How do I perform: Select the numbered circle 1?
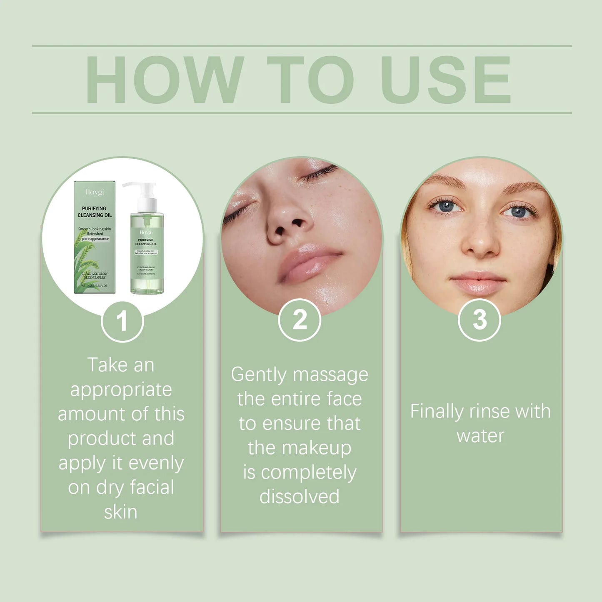coord(122,321)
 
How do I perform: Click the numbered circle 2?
coord(300,320)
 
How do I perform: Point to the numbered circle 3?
coord(479,320)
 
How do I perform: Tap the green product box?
coord(95,237)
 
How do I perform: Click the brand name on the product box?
coord(95,192)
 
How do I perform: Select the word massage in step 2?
coord(330,375)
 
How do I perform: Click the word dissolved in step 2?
coord(300,497)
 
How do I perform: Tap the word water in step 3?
coord(480,436)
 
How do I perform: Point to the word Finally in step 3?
coord(437,412)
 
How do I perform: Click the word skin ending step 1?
coord(121,512)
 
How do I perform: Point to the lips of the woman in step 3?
coord(479,282)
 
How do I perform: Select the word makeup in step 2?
coord(316,448)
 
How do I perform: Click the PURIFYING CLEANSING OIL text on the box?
coord(95,212)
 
